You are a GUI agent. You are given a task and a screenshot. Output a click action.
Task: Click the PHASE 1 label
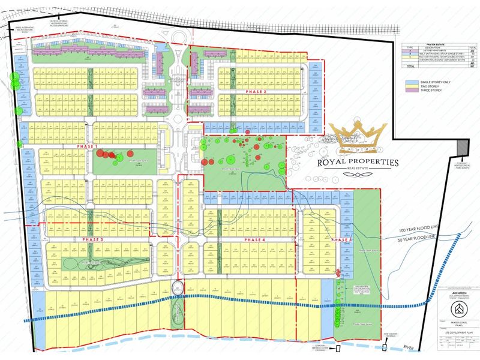(x=88, y=146)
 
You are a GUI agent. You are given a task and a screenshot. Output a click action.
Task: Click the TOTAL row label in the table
(x=409, y=68)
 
